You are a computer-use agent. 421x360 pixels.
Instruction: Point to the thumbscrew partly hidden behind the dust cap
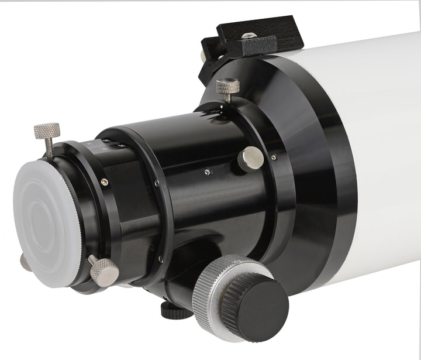point(25,262)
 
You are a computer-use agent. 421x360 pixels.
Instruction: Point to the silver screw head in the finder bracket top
point(248,36)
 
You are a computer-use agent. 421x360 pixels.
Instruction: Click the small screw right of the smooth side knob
point(273,157)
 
